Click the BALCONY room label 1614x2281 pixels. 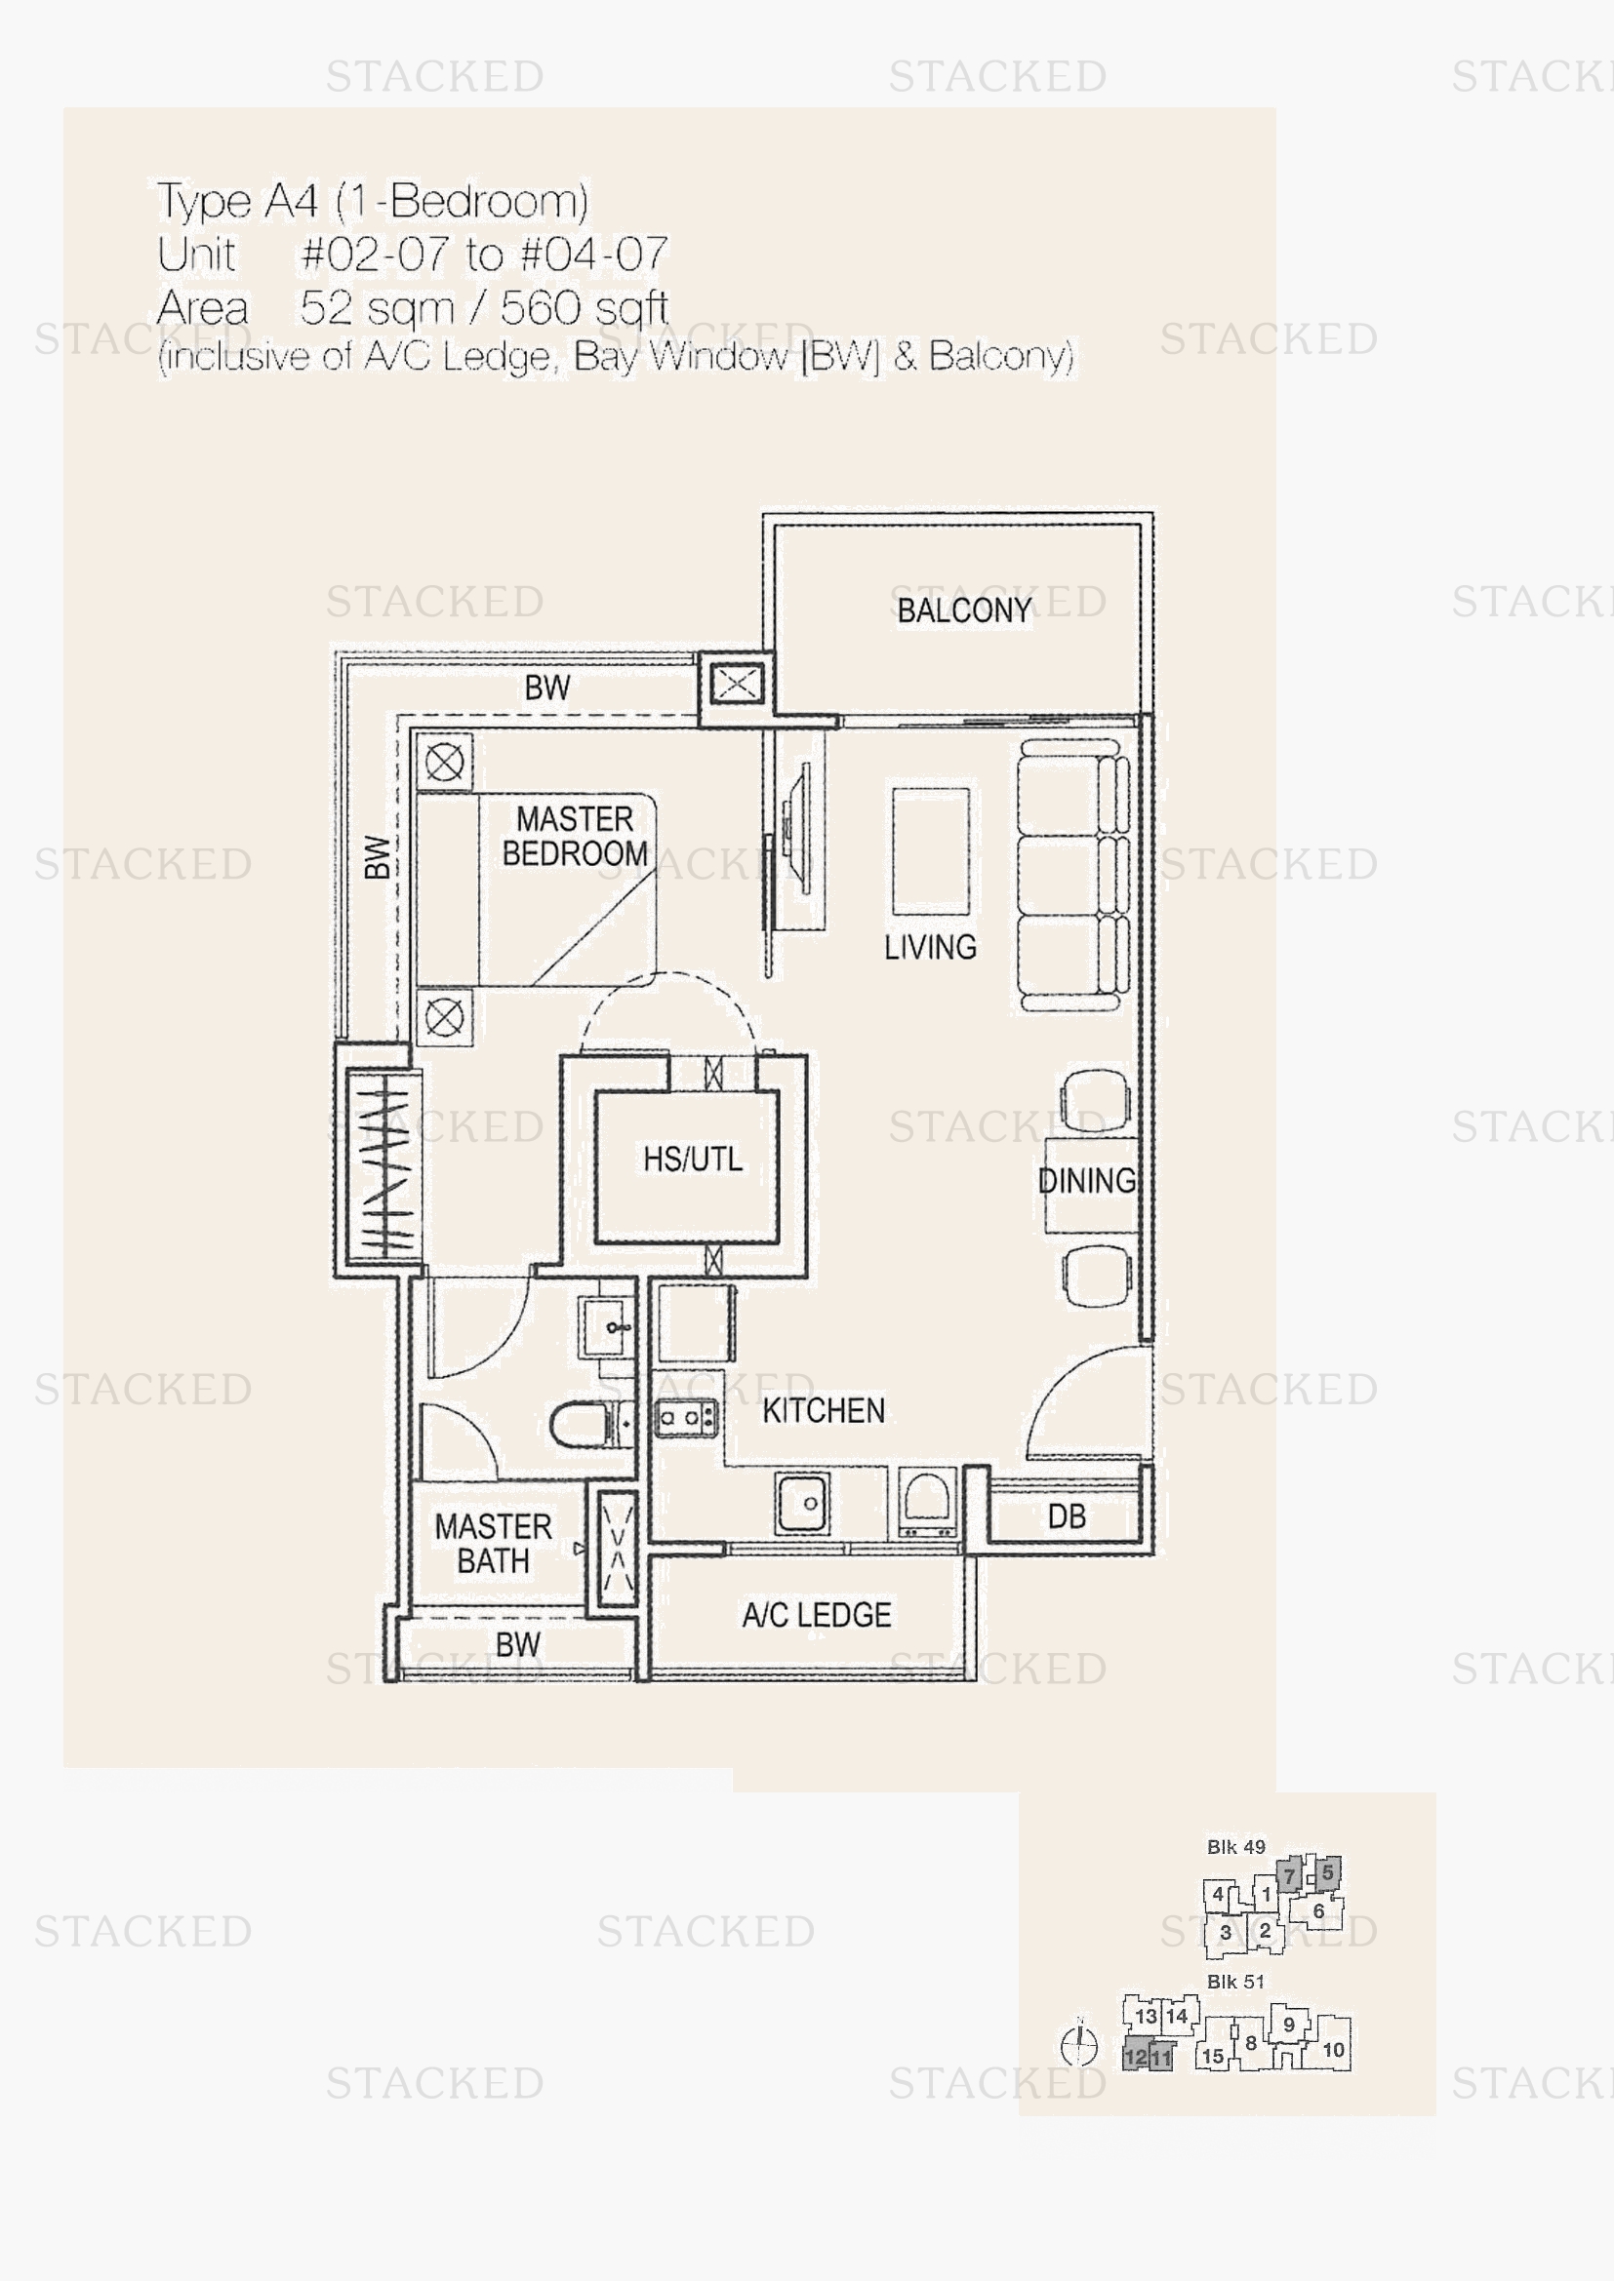964,610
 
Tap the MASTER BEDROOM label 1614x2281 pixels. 575,837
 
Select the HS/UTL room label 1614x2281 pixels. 693,1159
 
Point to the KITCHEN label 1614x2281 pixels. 823,1410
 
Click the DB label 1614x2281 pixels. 1067,1516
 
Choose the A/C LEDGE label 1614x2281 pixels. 816,1614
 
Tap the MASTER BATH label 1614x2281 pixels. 493,1543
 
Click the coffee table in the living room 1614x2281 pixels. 930,851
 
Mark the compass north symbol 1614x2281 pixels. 1079,2046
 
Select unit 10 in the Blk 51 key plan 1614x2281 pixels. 1333,2049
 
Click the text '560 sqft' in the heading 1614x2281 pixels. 584,308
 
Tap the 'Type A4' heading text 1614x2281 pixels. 237,201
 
